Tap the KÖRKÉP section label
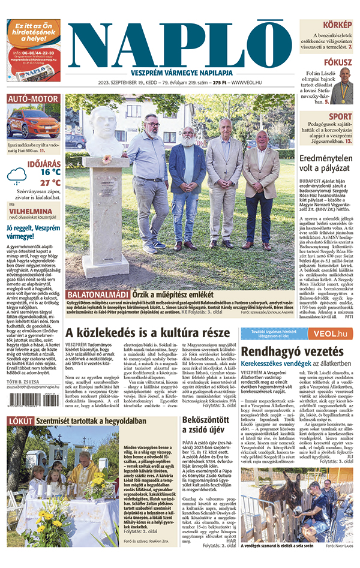tap(337, 25)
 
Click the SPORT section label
tap(340, 117)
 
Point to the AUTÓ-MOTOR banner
tap(33, 99)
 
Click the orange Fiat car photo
tap(33, 123)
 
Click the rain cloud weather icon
tap(17, 176)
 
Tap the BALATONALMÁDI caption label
tap(98, 294)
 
